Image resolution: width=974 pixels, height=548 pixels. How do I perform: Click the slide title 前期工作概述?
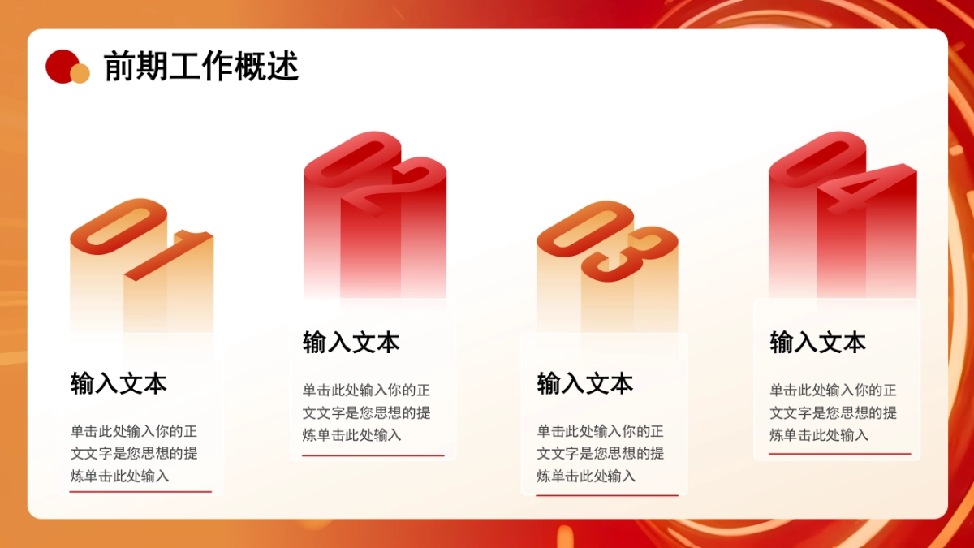[x=201, y=67]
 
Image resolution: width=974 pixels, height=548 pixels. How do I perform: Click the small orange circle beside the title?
[x=80, y=74]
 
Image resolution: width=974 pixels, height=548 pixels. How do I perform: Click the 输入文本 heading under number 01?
[x=119, y=383]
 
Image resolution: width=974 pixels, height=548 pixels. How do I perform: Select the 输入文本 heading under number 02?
[x=351, y=342]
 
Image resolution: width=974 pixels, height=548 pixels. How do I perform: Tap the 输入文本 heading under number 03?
[x=584, y=383]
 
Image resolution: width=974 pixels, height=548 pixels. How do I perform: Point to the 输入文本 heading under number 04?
[x=817, y=342]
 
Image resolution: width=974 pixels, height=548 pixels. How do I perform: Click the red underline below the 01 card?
[x=140, y=492]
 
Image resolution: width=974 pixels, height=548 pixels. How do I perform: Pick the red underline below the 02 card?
[x=373, y=455]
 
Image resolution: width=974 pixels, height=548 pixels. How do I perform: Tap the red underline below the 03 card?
[x=607, y=494]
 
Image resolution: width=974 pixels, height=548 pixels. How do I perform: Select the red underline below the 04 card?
[x=839, y=454]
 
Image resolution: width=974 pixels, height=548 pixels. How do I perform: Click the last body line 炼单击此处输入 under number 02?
[x=352, y=435]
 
